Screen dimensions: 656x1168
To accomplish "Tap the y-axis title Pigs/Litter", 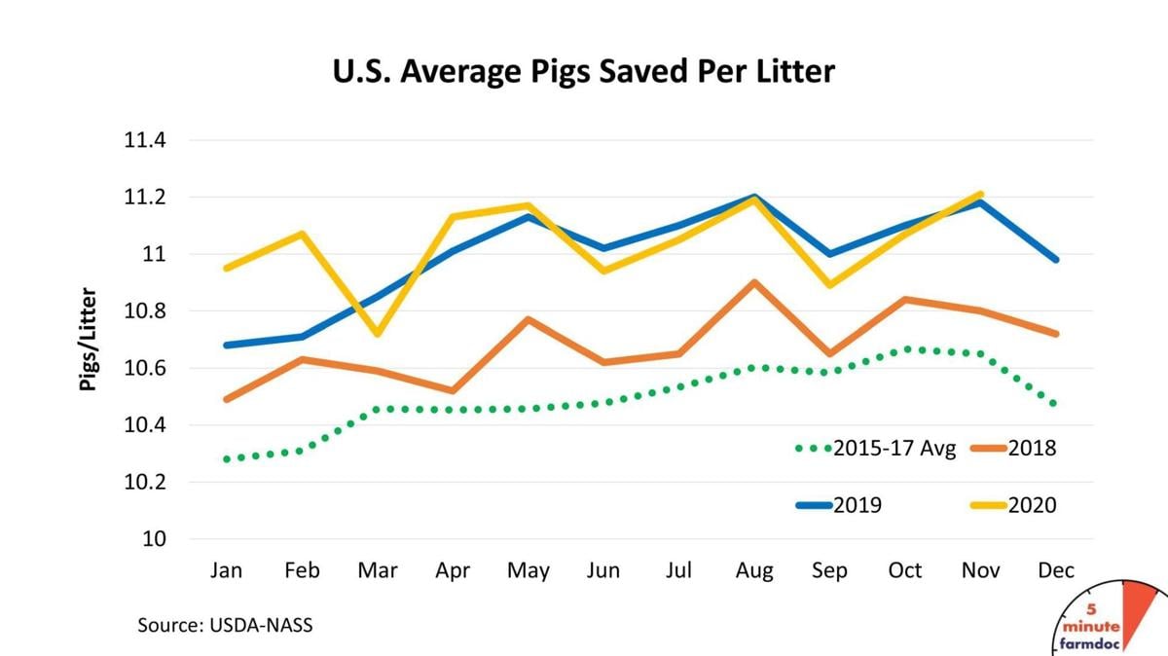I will coord(89,339).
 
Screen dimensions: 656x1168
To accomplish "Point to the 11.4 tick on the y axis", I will coord(144,140).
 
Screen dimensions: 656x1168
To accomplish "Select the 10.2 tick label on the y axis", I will coord(144,482).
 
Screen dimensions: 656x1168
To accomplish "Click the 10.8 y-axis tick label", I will coord(144,311).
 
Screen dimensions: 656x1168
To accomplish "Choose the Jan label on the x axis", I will coord(227,570).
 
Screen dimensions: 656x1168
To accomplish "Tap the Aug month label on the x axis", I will coord(754,570).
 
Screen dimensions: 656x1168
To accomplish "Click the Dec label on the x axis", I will coord(1056,570).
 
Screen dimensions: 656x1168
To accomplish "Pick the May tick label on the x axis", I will coord(528,570).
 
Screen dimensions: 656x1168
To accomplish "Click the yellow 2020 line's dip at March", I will coord(378,334).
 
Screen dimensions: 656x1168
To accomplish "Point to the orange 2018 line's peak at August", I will coord(754,282).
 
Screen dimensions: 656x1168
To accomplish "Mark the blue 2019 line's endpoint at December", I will coord(1056,260).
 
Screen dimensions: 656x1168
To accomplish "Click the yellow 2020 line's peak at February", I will coord(302,234).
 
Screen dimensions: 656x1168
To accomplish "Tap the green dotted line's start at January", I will coord(227,458).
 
